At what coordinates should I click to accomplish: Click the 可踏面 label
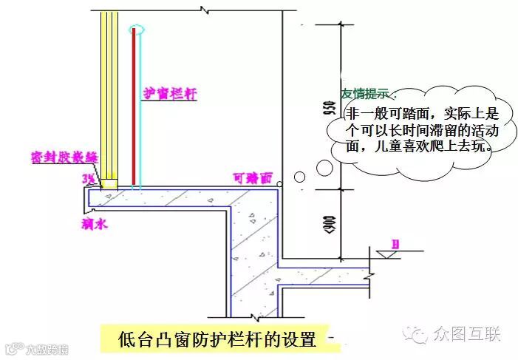(x=253, y=177)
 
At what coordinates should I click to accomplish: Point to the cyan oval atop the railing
(x=134, y=29)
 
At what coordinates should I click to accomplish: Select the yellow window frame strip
(x=109, y=96)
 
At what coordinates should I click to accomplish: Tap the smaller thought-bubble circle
(x=299, y=177)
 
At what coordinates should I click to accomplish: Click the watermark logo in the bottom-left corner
(x=13, y=348)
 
